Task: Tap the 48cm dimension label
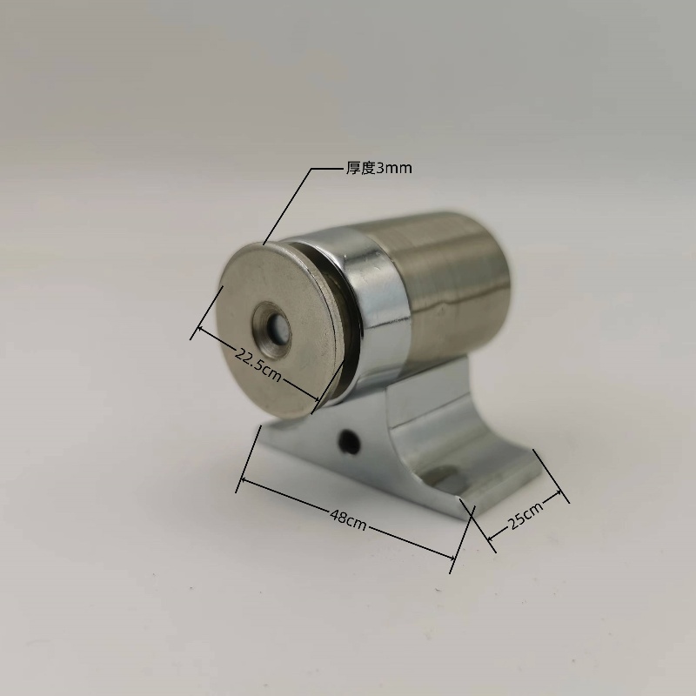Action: click(349, 519)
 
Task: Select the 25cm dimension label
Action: click(525, 516)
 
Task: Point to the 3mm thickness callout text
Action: click(379, 168)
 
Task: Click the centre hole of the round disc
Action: click(278, 330)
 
